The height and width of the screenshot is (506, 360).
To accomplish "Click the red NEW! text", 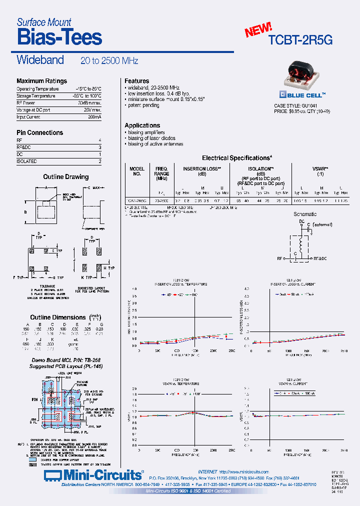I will (258, 30).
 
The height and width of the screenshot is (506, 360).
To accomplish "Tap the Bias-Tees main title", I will (59, 37).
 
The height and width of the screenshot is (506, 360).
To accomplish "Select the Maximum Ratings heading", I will (41, 81).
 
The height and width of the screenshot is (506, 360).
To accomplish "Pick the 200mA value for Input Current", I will (94, 117).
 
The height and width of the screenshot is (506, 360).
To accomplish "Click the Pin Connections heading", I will (40, 132).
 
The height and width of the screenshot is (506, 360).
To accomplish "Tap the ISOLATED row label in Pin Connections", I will (26, 161).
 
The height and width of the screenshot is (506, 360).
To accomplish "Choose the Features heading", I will (136, 81).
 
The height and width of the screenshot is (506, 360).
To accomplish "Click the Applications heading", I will (142, 125).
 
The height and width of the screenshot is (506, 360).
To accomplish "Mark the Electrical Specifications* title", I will (237, 158).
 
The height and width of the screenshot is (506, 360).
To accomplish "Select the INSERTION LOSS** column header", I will (202, 169).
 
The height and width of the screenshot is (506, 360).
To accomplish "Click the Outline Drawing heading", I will (65, 177).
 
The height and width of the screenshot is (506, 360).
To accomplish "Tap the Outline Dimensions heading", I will (58, 317).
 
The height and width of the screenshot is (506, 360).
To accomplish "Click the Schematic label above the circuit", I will (305, 214).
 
